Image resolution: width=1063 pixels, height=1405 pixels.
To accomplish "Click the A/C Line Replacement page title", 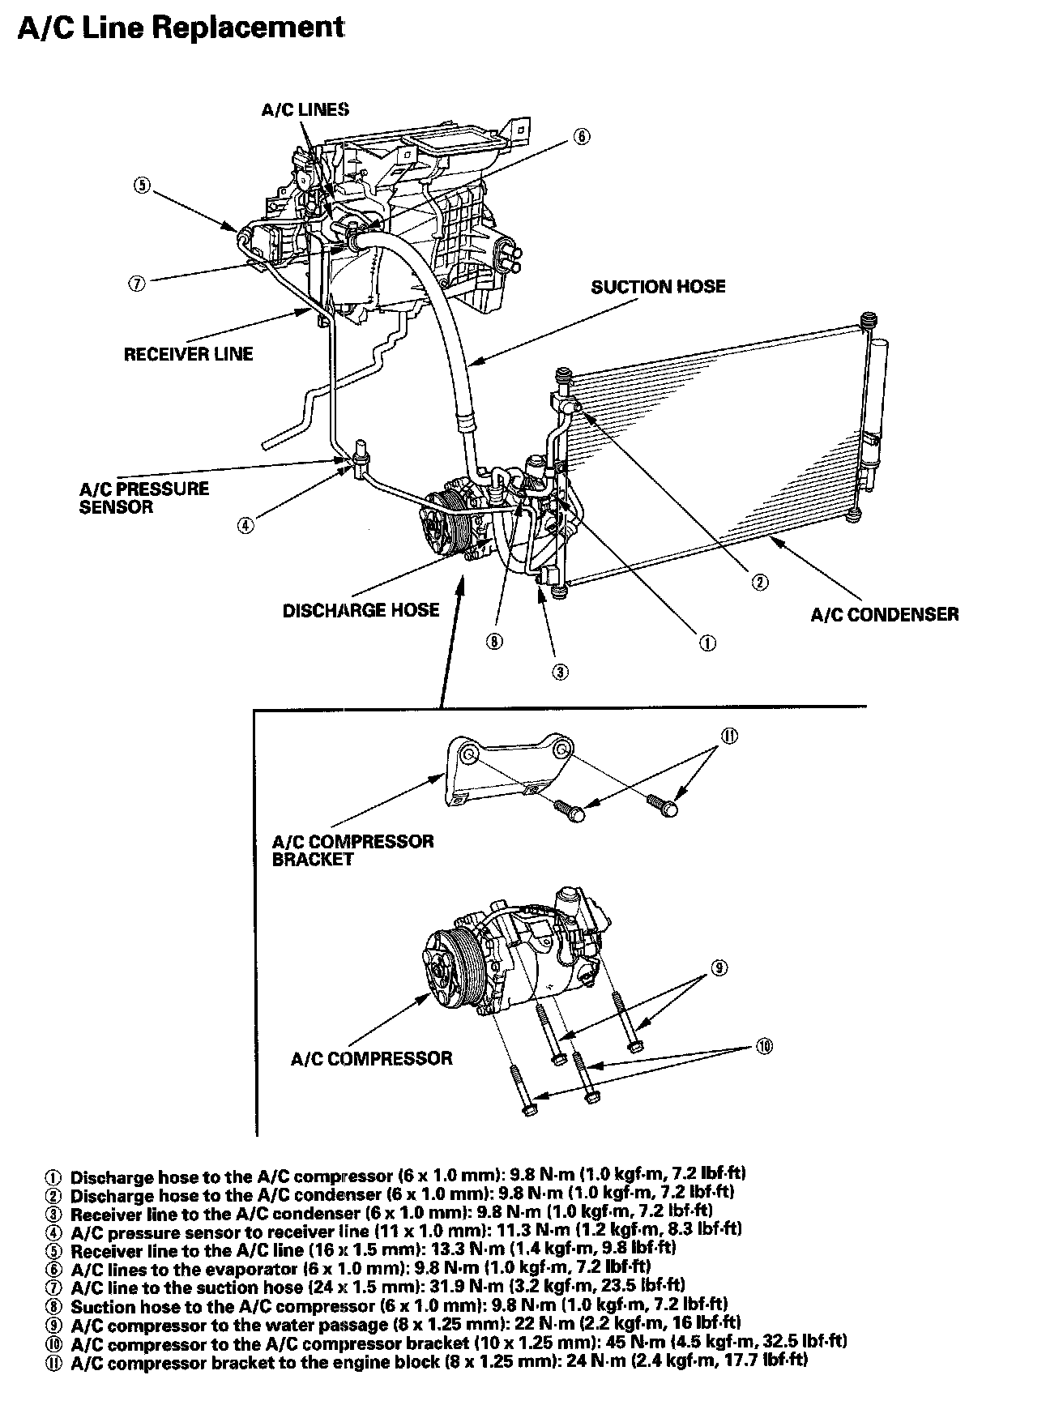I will click(x=181, y=28).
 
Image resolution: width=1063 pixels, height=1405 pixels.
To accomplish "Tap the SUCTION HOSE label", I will click(x=658, y=287).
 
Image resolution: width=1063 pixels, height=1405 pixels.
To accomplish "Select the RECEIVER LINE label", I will click(x=188, y=354).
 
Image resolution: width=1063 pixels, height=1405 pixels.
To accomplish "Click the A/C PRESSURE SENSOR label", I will click(x=143, y=498).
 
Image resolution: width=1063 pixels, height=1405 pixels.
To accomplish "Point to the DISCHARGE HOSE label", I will click(x=361, y=610).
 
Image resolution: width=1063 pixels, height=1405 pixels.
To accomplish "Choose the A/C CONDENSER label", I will click(x=884, y=614).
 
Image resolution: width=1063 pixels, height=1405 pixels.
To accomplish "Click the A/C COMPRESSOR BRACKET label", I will click(x=352, y=850).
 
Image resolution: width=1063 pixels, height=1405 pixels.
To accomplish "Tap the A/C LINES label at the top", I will click(x=305, y=109).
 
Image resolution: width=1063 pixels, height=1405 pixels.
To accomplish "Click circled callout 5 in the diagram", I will click(x=142, y=185).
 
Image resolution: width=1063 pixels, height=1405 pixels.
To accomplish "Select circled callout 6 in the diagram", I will click(x=582, y=136).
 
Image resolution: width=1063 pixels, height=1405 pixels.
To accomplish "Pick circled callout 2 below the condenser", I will click(x=760, y=582).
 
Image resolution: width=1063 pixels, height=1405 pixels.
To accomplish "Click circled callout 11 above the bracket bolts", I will click(x=728, y=736).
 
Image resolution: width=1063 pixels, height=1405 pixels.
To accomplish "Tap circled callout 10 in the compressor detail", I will click(x=763, y=1046).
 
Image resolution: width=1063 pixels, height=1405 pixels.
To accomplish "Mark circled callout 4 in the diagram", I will click(x=245, y=525).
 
